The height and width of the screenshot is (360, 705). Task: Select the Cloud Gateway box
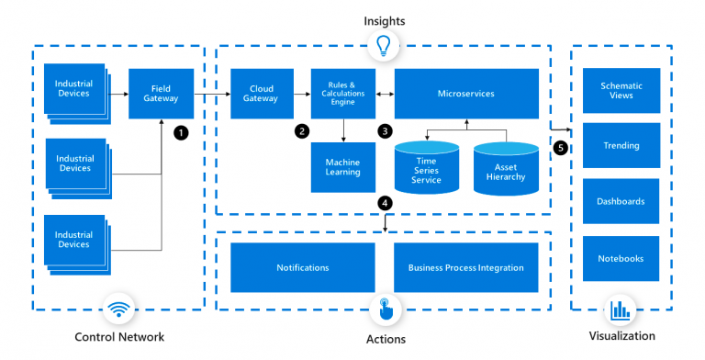(x=260, y=93)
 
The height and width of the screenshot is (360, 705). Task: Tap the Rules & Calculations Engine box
(x=343, y=93)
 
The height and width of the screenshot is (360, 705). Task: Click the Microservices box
(x=465, y=93)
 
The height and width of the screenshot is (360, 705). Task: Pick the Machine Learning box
(x=343, y=166)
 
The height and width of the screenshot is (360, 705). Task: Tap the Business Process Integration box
(x=465, y=267)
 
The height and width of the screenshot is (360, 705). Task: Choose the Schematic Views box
(x=621, y=90)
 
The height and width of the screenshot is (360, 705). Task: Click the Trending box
(x=621, y=145)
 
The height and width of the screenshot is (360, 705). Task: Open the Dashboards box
(x=621, y=201)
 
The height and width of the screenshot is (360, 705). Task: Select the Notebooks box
(x=621, y=258)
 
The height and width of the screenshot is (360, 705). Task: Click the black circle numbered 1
(x=181, y=132)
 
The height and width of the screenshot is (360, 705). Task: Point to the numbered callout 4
(x=385, y=202)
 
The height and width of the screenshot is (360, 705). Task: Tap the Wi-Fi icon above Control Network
(x=119, y=309)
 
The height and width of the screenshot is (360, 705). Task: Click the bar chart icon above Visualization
(x=621, y=309)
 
